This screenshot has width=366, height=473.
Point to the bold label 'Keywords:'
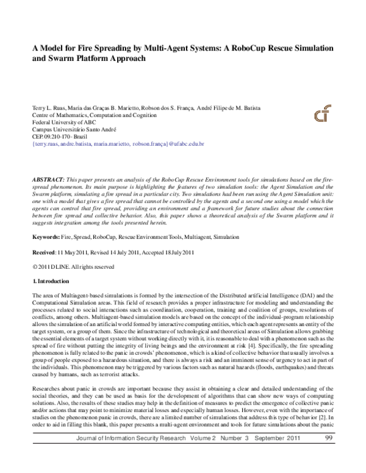pos(46,219)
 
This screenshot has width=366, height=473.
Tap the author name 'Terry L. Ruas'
pos(48,107)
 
